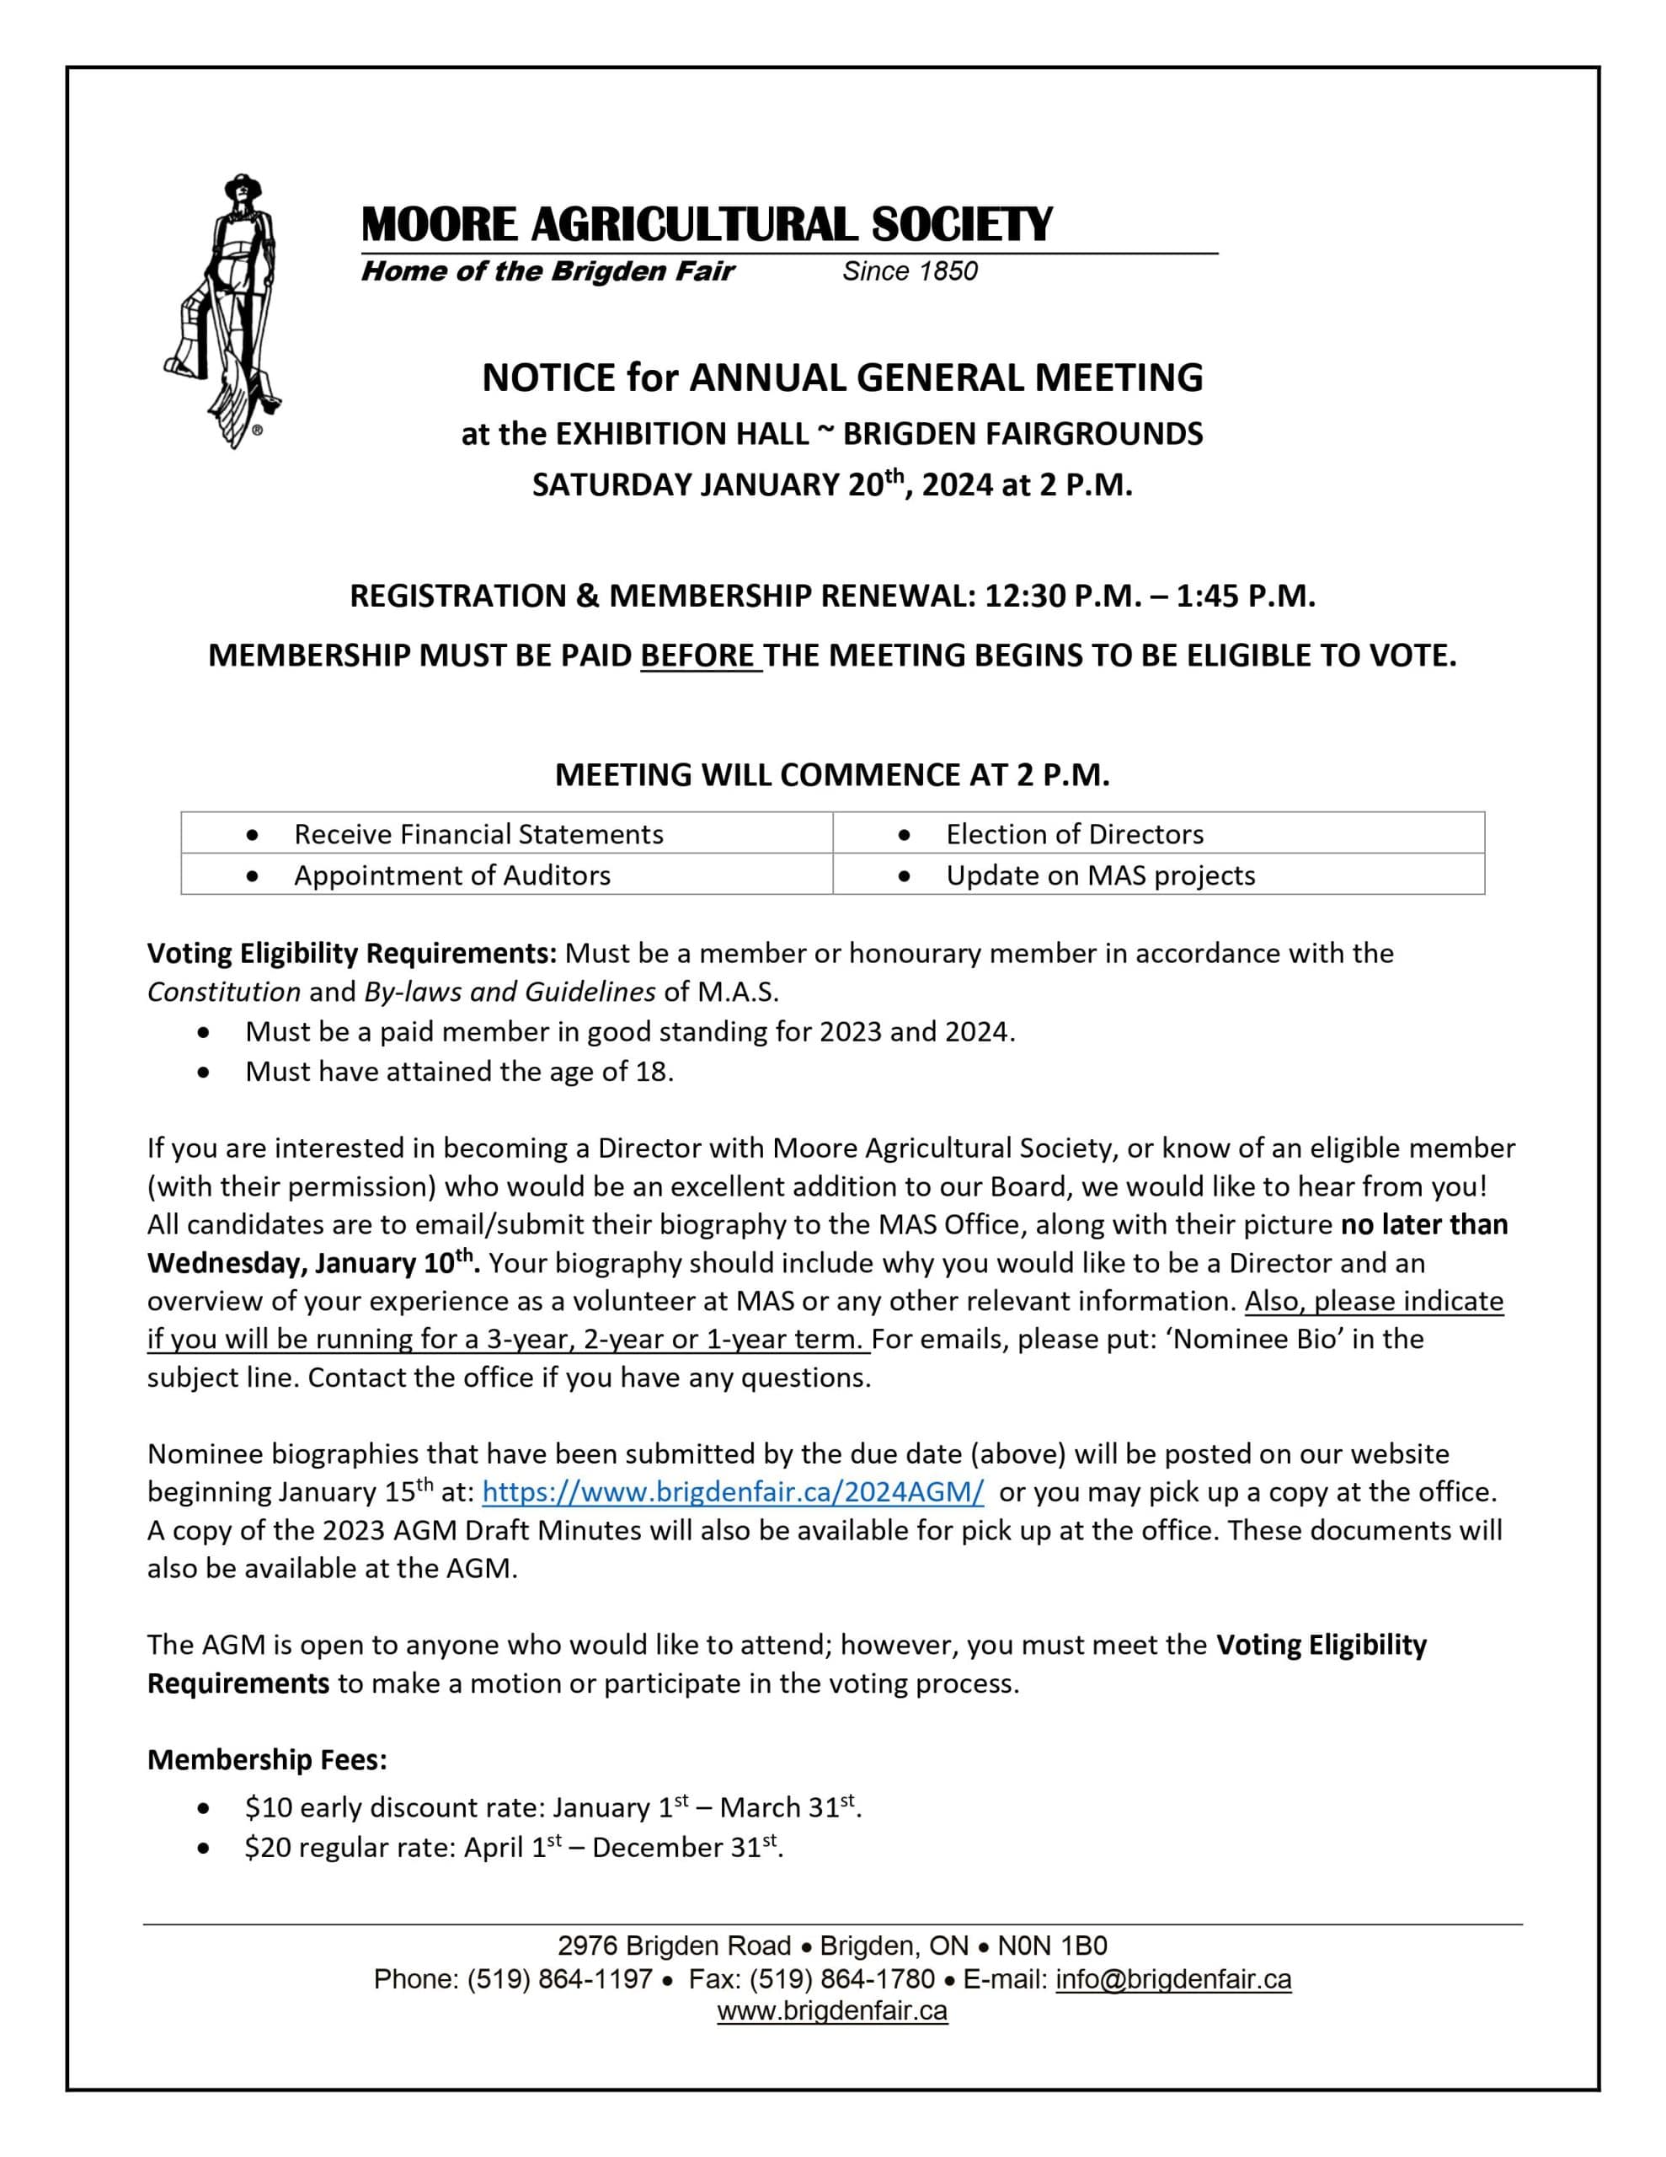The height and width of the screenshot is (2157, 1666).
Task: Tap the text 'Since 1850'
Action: [909, 271]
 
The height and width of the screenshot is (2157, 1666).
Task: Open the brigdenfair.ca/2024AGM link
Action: [733, 1492]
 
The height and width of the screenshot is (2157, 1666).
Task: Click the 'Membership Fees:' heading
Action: [268, 1760]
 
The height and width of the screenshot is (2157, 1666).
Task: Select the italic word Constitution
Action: [223, 992]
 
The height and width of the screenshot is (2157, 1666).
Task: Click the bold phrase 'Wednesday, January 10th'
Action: [311, 1264]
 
